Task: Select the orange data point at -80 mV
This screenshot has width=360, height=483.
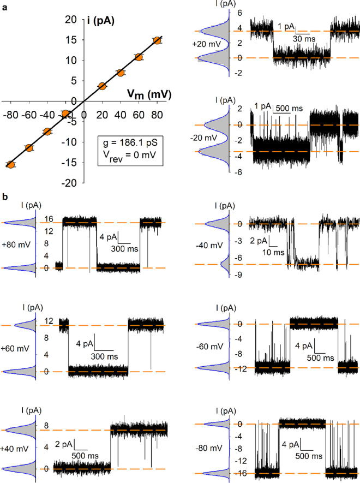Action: point(10,164)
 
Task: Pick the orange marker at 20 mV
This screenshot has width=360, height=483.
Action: point(102,86)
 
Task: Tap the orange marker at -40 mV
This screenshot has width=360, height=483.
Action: point(47,132)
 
